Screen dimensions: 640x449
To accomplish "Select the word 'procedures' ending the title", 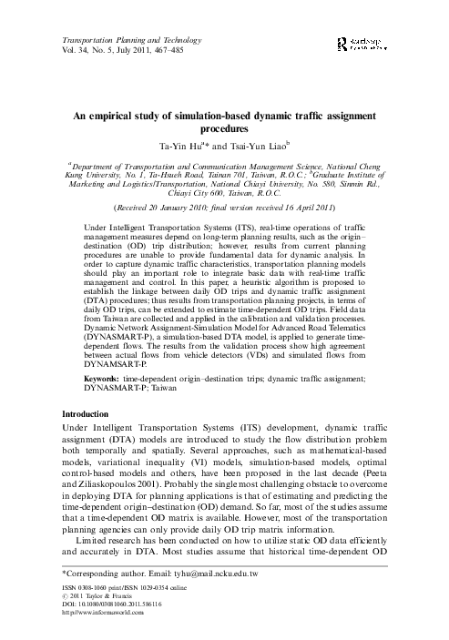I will pos(224,144).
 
